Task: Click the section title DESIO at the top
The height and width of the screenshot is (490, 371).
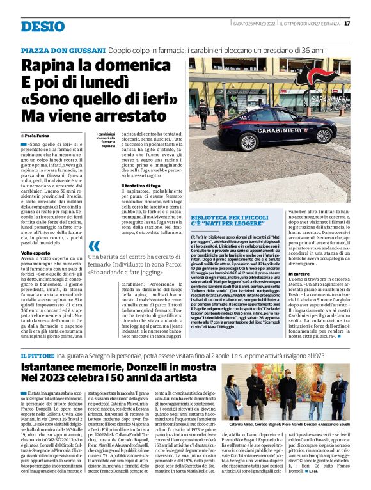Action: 43,26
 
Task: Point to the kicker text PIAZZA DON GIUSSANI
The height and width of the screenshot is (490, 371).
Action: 62,50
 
